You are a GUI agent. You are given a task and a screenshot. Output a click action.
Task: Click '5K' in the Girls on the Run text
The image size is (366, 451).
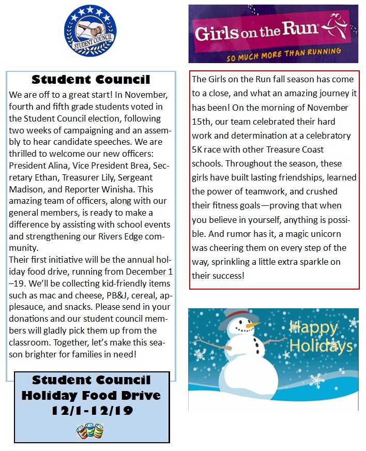click(x=198, y=149)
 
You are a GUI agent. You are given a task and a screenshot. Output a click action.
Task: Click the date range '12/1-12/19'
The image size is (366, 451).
click(x=91, y=412)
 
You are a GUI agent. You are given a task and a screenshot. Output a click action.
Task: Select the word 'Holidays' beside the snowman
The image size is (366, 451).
click(x=321, y=345)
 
